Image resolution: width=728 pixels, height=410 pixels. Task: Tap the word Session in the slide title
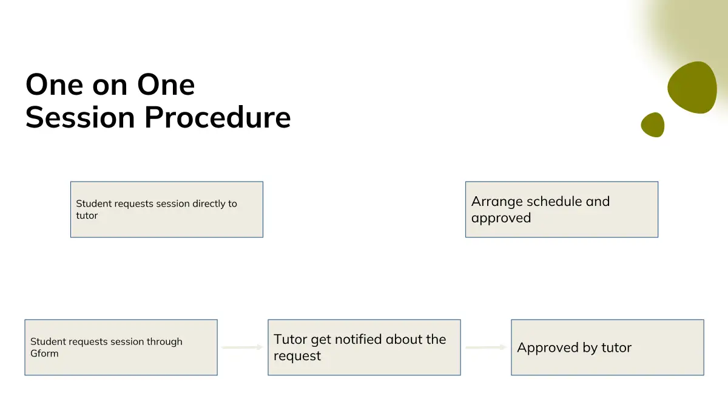point(80,117)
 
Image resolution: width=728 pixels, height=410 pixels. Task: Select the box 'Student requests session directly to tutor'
point(167,210)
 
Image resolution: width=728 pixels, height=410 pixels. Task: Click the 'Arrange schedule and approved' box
point(562,210)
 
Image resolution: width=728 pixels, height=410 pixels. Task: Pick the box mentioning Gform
point(121,347)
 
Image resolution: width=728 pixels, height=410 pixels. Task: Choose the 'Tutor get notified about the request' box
point(364,347)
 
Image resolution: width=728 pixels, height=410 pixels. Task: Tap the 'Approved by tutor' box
point(607,347)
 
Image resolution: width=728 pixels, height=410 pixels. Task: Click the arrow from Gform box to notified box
point(242,347)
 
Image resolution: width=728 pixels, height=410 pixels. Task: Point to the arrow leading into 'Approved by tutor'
point(486,347)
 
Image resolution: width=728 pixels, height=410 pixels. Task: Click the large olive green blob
point(692,87)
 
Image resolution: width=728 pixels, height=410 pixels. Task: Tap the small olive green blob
point(653,125)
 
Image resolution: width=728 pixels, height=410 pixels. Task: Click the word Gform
point(44,354)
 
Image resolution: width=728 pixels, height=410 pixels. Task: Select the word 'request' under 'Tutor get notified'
point(297,357)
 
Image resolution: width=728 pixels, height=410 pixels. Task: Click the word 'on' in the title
point(110,86)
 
